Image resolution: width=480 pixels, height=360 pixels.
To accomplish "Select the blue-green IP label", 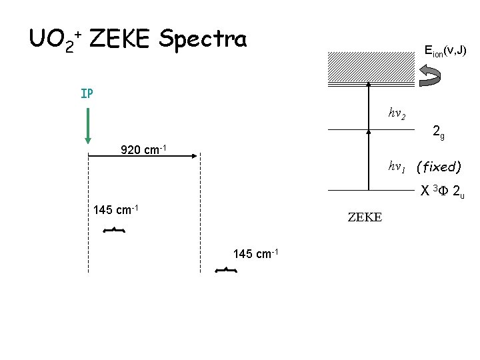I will pos(87,93).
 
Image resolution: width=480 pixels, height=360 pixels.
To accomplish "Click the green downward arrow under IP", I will pos(88,124).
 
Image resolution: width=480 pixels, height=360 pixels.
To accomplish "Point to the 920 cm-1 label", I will pos(143,149).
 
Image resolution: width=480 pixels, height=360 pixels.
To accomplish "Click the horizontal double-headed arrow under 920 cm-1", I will pos(143,156).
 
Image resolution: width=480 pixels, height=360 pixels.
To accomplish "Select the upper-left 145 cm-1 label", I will pos(115,210).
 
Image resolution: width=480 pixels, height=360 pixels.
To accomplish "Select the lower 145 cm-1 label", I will pos(255,253).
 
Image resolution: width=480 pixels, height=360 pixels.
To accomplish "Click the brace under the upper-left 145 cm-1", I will pos(114,230).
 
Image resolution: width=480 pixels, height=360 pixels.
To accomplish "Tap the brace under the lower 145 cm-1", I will pos(227,270).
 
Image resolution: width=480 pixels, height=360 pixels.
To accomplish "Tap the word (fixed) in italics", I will pos(437,166).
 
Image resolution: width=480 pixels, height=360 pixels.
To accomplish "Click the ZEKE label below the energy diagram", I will pos(365,217).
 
